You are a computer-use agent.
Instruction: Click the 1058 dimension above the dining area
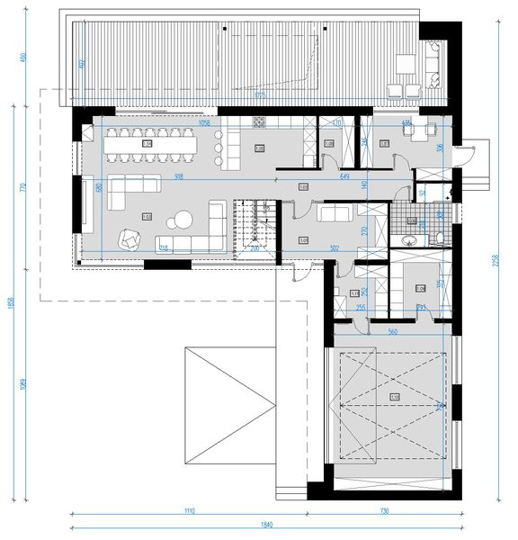[203, 123]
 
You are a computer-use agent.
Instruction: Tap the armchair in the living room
[131, 238]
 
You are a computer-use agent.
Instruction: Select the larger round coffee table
[183, 219]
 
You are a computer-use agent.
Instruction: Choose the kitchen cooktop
[261, 121]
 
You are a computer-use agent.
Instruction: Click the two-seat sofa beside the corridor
[335, 213]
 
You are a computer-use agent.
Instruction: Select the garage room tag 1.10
[394, 397]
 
